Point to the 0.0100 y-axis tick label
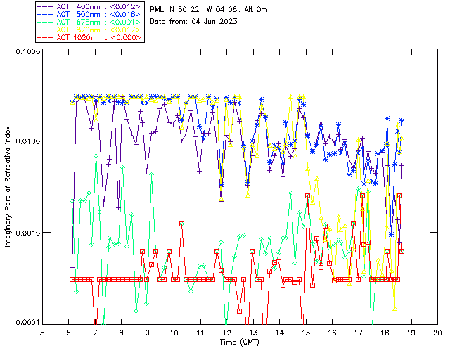[x=26, y=142]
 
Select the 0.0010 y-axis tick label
[x=26, y=233]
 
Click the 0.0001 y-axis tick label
[x=26, y=323]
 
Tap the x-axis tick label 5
[x=43, y=332]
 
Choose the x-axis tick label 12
[x=226, y=332]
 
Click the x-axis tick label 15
[x=305, y=332]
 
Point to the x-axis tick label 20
[x=437, y=332]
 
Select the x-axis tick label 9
[x=148, y=332]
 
